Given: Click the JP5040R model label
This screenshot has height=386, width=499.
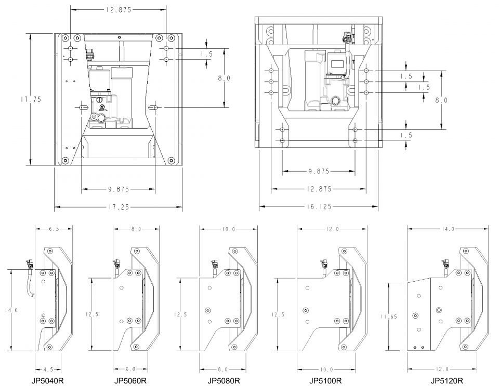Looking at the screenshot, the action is click(x=47, y=380).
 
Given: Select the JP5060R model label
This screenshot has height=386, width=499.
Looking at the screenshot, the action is click(x=130, y=380).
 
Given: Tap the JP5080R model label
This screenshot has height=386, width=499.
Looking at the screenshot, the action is click(x=224, y=380).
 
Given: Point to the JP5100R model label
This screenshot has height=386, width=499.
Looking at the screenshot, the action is click(x=325, y=380).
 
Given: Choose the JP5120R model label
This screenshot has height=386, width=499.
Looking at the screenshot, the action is click(x=447, y=380).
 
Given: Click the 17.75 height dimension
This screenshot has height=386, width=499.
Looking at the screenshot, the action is click(x=31, y=99).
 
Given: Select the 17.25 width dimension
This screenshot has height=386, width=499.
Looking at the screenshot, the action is click(x=119, y=207).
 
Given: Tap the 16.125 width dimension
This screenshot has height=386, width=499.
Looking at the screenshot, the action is click(x=319, y=207).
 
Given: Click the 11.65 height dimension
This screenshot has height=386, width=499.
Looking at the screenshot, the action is click(x=389, y=316).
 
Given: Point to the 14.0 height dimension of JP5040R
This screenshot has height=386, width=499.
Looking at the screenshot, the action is click(x=11, y=310).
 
